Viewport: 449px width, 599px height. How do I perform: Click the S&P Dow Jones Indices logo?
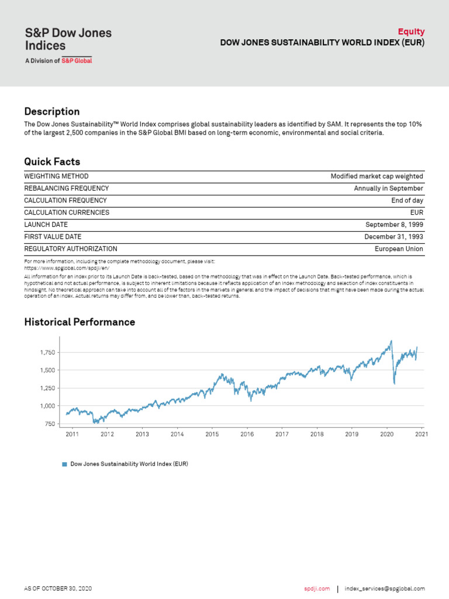tap(67, 44)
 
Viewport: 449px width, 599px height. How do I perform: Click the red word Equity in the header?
tap(411, 32)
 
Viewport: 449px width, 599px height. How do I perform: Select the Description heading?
tap(52, 111)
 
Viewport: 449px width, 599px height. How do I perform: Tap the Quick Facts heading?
tap(52, 161)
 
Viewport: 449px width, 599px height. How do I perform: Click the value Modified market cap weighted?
tap(377, 176)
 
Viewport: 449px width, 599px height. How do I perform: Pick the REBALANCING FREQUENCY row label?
tap(66, 188)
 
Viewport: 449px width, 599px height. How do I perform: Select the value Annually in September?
tap(388, 188)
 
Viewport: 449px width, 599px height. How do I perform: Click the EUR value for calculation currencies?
tap(417, 212)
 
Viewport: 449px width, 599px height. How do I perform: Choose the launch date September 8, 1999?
tap(394, 225)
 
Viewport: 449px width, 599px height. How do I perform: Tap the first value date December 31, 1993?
tap(393, 237)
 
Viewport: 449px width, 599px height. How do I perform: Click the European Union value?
tap(399, 249)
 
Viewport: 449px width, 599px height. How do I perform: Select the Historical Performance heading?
tap(80, 322)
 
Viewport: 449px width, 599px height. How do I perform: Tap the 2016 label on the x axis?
tap(247, 434)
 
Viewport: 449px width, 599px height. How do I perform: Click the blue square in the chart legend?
tap(65, 464)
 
